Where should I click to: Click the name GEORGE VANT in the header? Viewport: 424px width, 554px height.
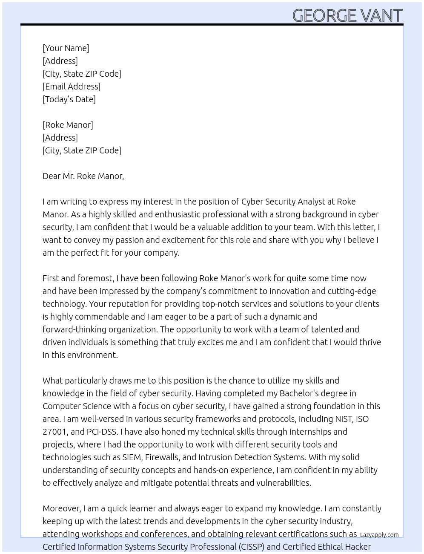pos(347,16)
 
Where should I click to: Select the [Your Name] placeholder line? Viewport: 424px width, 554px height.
pos(66,48)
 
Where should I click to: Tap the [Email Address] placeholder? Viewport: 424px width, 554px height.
pos(71,87)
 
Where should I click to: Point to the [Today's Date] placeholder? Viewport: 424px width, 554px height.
pos(69,99)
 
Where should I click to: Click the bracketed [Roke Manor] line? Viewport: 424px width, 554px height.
pos(68,125)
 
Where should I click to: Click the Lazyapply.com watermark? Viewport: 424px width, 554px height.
pos(379,535)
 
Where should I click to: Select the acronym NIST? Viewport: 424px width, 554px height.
pos(344,419)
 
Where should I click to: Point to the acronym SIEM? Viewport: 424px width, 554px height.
pos(132,457)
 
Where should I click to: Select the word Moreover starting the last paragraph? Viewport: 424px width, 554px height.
pos(61,508)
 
